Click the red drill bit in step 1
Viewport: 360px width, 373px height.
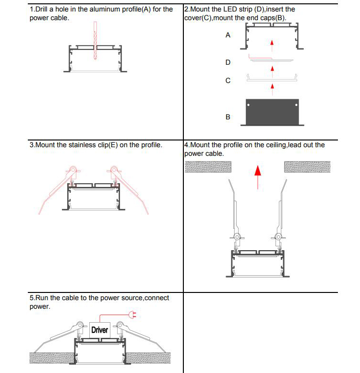pos(96,41)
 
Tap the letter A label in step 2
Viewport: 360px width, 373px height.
pos(228,35)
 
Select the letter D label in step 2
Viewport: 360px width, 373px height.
pos(228,62)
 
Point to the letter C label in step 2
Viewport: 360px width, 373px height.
pos(228,81)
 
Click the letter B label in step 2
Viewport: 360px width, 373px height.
pos(228,117)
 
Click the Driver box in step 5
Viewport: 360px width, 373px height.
pos(99,330)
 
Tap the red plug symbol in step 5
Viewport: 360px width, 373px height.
pos(133,315)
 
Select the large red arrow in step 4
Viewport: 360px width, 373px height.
pos(258,175)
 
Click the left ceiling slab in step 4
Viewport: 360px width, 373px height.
pos(208,166)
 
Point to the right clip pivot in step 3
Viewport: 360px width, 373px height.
pos(114,170)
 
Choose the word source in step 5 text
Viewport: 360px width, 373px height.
pos(129,298)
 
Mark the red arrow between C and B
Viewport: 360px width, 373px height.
pos(272,86)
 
